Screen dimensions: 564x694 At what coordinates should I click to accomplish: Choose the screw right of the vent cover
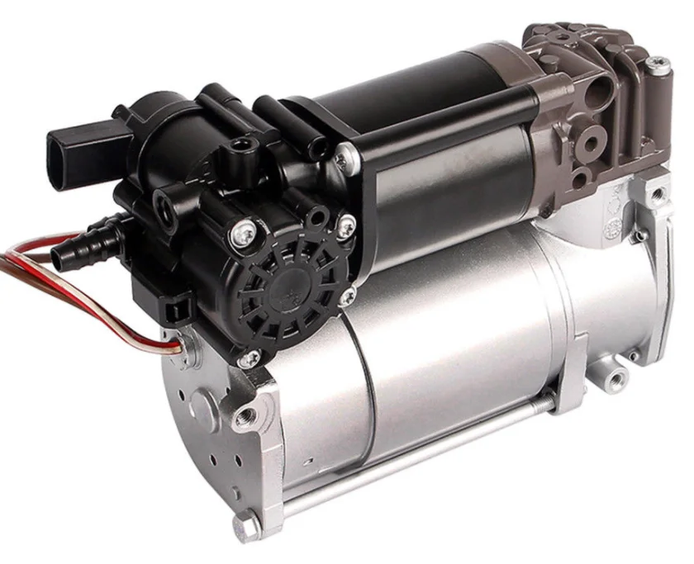(x=346, y=222)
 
